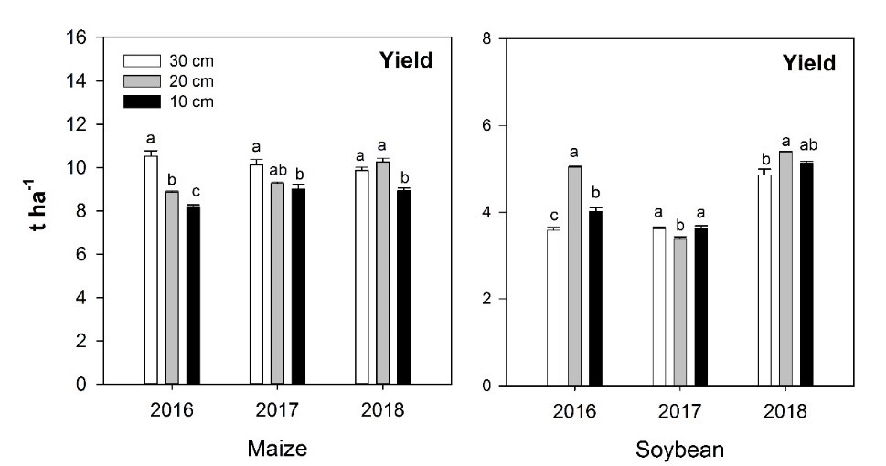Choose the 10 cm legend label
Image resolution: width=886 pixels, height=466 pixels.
click(191, 101)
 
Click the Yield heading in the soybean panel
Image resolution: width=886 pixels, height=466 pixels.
click(807, 64)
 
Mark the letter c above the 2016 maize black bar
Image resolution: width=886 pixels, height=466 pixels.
click(193, 193)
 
